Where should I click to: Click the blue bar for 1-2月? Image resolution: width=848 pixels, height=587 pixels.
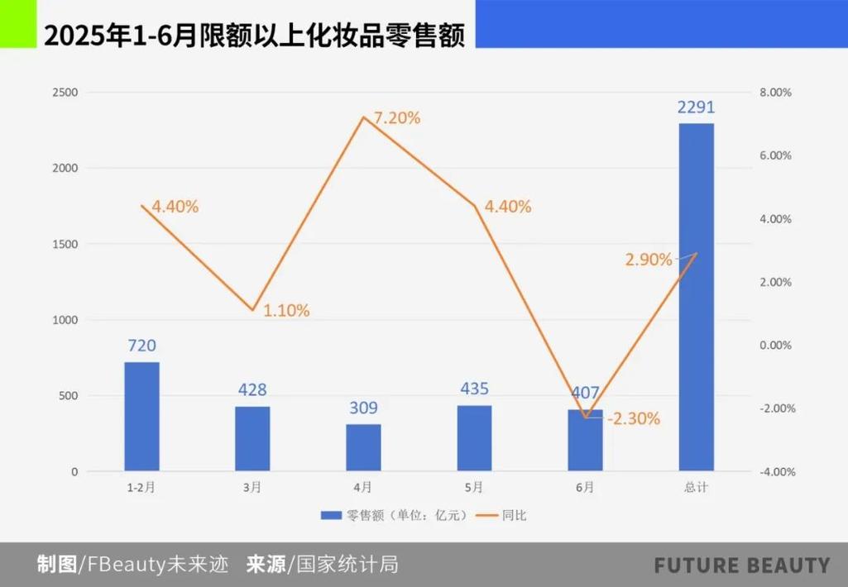click(x=141, y=417)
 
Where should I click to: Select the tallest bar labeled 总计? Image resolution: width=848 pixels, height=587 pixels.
click(x=696, y=298)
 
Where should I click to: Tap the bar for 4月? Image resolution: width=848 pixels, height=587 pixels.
click(x=363, y=447)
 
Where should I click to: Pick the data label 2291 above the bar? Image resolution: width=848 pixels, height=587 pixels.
click(x=696, y=107)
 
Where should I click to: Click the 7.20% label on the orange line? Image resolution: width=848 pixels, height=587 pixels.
click(x=396, y=118)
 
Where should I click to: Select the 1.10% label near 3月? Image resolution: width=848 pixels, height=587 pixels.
click(x=286, y=312)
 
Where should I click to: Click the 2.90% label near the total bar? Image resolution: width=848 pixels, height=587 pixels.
click(x=649, y=260)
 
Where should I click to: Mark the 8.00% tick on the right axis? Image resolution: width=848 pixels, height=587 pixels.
click(x=776, y=93)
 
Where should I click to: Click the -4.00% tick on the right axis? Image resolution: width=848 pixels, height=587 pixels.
click(x=776, y=472)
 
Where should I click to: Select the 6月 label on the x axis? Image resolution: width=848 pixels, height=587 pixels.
click(x=585, y=488)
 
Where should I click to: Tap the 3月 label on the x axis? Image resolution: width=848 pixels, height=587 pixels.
click(x=252, y=488)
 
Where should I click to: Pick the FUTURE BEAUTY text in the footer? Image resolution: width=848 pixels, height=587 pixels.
click(x=742, y=566)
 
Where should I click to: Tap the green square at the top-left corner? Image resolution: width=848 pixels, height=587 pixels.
click(x=17, y=24)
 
